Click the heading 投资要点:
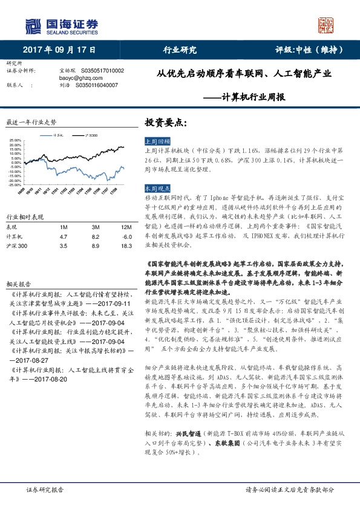pos(162,122)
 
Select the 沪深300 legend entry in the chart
pos(91,135)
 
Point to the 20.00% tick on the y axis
pos(15,142)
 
